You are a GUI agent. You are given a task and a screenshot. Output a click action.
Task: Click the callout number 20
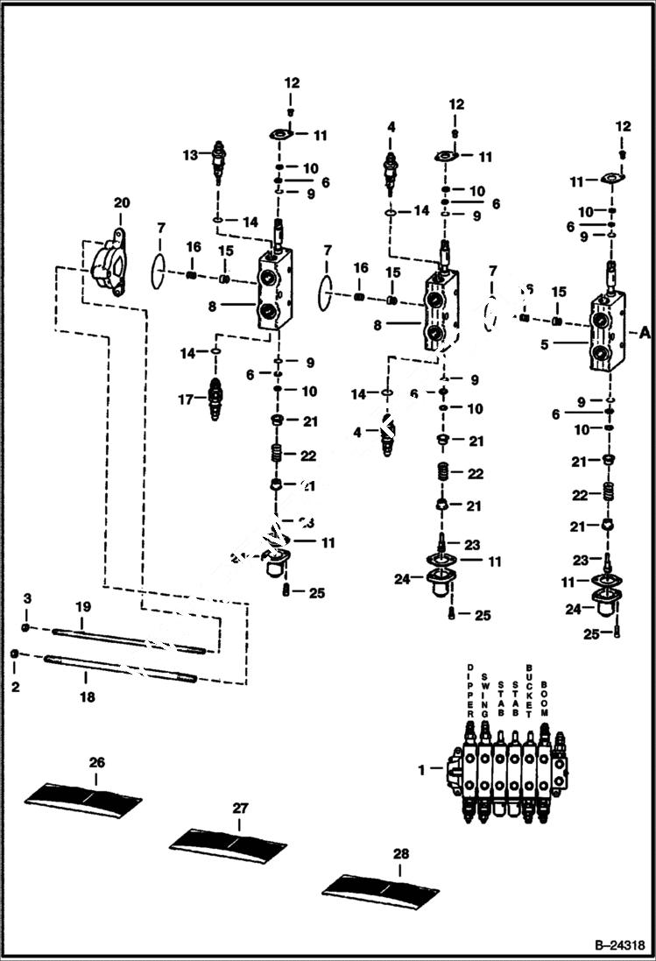[122, 202]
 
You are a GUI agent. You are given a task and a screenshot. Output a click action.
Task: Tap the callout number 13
[190, 155]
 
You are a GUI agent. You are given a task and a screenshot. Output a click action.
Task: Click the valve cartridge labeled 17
[215, 399]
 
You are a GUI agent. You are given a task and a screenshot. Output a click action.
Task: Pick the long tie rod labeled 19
[129, 639]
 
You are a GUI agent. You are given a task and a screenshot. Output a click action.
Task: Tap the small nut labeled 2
[15, 654]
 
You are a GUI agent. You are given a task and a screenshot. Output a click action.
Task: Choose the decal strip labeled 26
[83, 801]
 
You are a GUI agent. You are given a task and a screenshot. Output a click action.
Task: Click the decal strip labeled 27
[228, 842]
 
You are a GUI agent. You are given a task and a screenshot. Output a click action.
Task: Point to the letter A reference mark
[645, 332]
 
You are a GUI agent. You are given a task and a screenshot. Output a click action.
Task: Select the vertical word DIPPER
[470, 691]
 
